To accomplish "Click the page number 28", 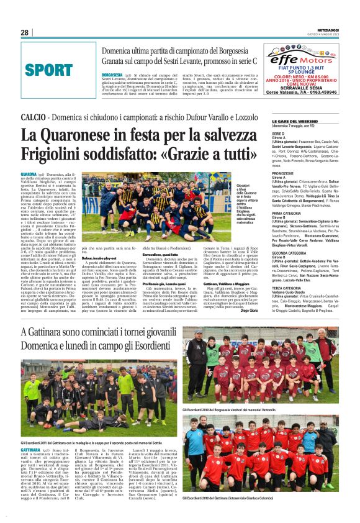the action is tap(25, 33).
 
